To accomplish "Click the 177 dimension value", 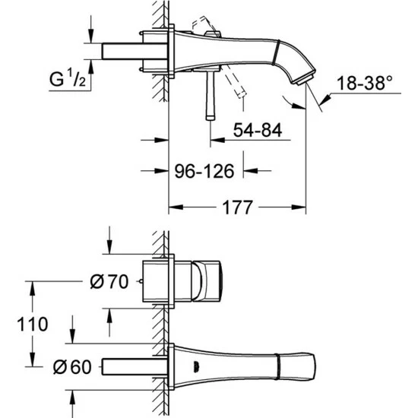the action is coord(237,207).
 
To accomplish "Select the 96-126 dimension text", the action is coord(204,171).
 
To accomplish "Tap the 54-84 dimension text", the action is coord(258,131).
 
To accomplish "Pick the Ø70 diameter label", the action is coord(109,281).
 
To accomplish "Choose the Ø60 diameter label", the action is coord(72,367).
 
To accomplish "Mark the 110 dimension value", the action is coord(32,325).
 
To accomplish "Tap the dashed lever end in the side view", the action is coord(241,94).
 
